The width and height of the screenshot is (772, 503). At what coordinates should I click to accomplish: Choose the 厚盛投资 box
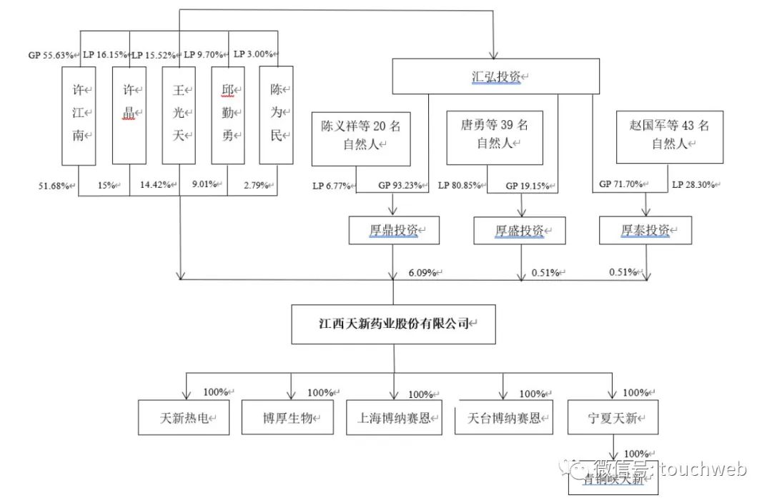tap(520, 231)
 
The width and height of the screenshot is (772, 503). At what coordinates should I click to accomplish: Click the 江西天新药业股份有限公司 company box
tap(394, 324)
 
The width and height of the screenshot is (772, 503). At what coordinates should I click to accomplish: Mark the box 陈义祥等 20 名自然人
tap(360, 135)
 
